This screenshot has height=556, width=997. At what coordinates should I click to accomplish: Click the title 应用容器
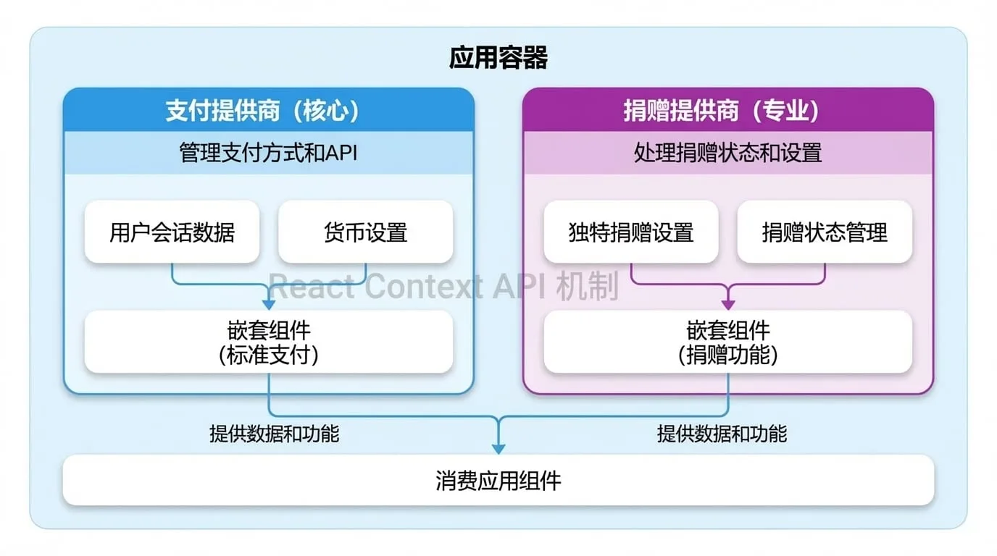[498, 58]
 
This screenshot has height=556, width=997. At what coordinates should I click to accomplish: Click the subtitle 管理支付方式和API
[268, 153]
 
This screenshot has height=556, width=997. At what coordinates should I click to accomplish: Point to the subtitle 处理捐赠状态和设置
[727, 153]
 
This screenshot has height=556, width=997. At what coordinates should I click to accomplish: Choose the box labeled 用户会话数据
[172, 232]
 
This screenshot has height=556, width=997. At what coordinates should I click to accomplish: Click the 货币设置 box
[365, 232]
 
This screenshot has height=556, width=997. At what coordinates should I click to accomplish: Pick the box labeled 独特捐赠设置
[630, 232]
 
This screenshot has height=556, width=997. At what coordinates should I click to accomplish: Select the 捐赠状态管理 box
[825, 232]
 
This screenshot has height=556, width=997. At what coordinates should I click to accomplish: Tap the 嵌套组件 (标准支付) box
[269, 342]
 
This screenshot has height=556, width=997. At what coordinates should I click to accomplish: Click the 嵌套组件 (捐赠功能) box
[727, 342]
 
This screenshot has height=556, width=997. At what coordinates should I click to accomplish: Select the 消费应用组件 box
[498, 480]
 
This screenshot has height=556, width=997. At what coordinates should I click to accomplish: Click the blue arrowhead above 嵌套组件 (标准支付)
[268, 305]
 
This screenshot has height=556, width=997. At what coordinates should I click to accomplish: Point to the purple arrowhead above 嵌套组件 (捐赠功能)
[727, 305]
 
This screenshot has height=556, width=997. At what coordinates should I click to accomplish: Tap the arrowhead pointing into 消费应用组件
[498, 448]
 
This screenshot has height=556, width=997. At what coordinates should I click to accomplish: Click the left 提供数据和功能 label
[274, 434]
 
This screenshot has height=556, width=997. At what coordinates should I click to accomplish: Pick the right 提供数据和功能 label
[722, 434]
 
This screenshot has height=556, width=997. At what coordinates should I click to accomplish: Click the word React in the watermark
[312, 286]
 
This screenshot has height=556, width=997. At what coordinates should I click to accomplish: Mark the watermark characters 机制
[588, 285]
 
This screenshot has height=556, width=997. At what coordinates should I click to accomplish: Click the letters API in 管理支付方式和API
[341, 153]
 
